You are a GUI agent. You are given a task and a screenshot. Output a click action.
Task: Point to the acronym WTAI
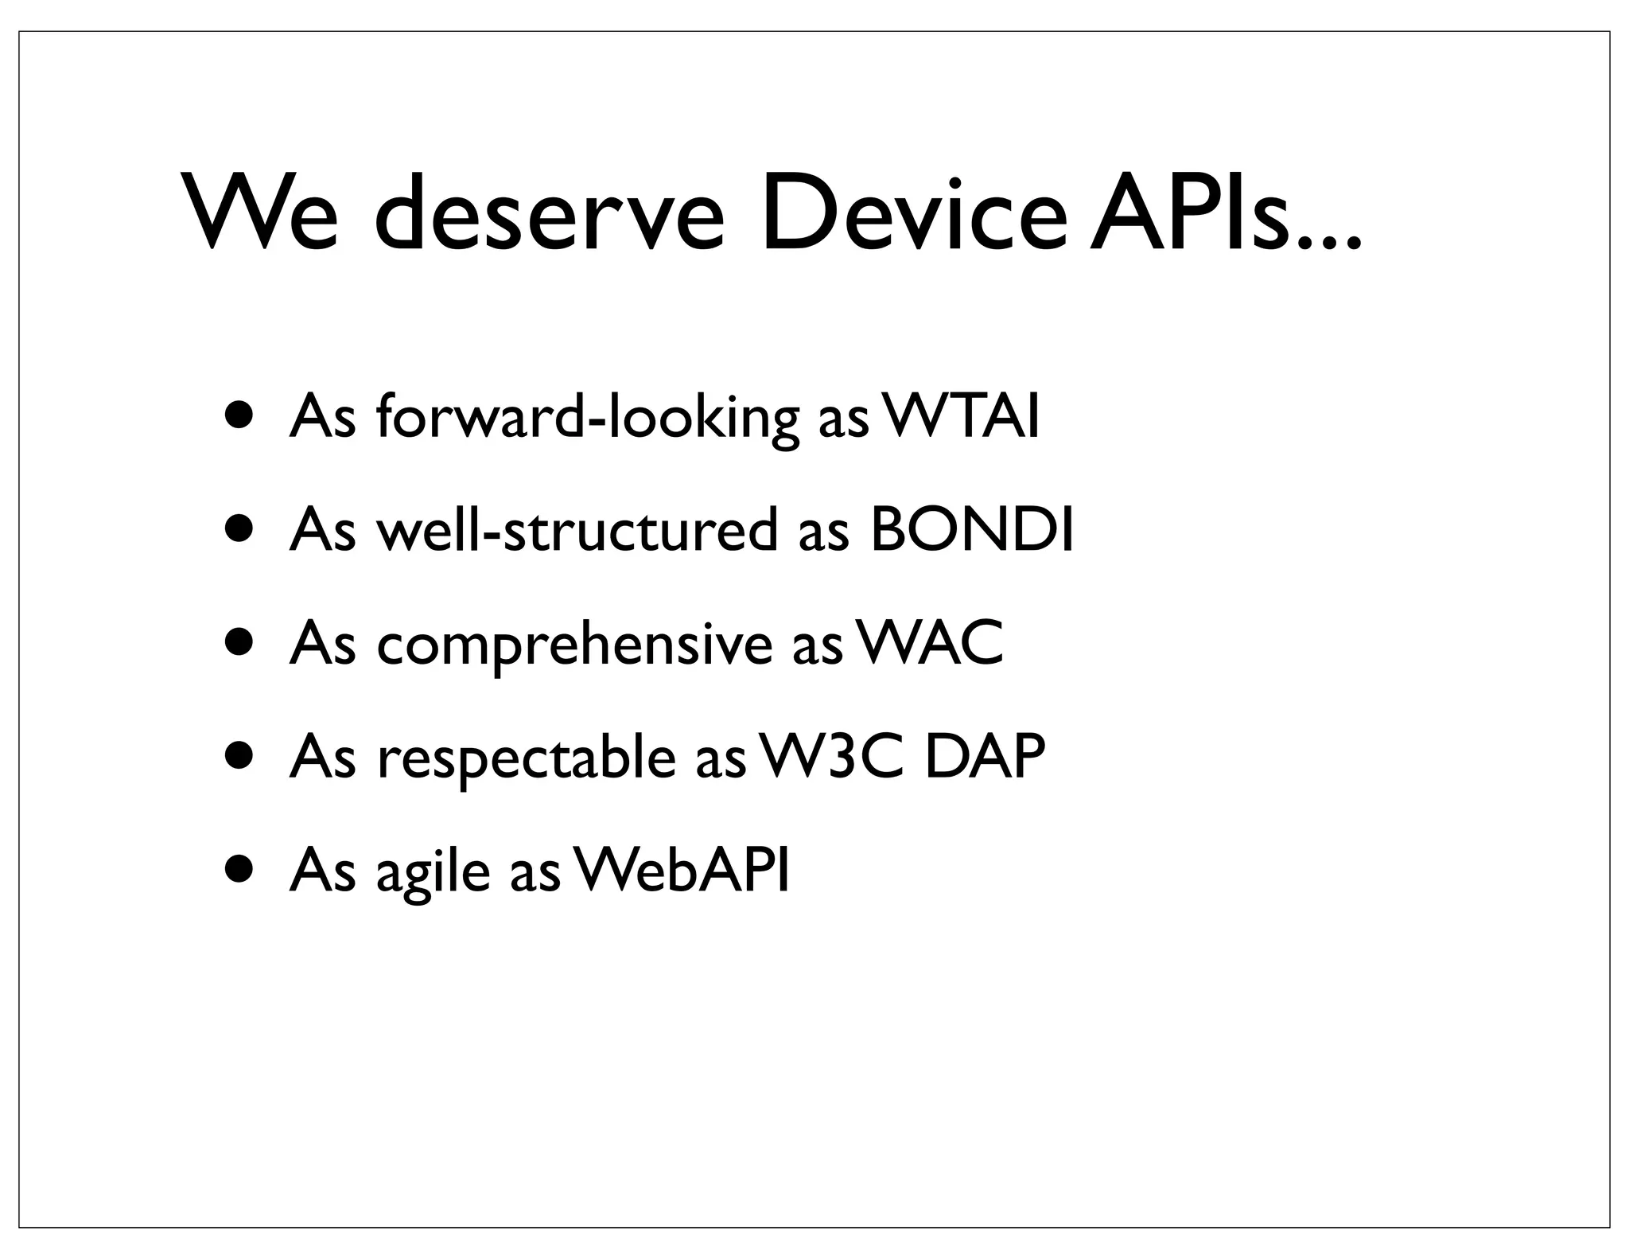pyautogui.click(x=961, y=417)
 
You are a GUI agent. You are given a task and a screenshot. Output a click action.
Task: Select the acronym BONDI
pyautogui.click(x=972, y=530)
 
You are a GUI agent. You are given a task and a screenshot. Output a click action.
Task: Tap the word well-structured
pyautogui.click(x=577, y=530)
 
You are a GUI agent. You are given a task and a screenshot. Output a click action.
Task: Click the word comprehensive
pyautogui.click(x=574, y=643)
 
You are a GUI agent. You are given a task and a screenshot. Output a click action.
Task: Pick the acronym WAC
pyautogui.click(x=930, y=643)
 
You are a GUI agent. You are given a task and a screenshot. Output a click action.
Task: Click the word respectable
pyautogui.click(x=526, y=757)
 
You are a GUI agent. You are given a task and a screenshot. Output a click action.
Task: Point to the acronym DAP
pyautogui.click(x=985, y=757)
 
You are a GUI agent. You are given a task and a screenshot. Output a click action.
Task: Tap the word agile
pyautogui.click(x=433, y=870)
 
